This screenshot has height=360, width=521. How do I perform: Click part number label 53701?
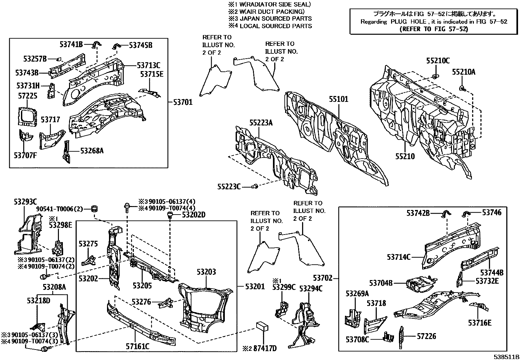tap(183, 103)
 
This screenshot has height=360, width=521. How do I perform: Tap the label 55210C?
tap(438, 61)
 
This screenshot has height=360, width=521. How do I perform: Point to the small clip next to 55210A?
tap(462, 88)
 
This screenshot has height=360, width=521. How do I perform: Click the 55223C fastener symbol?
tap(255, 186)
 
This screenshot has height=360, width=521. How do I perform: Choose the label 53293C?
tap(25, 201)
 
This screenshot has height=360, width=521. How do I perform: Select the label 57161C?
tap(138, 346)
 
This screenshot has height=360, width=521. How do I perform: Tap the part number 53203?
tap(206, 272)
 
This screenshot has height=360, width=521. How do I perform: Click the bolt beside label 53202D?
tap(170, 215)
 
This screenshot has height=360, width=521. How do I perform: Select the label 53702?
tap(323, 278)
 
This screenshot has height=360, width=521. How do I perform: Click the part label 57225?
tap(28, 96)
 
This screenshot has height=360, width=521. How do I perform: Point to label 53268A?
tap(92, 151)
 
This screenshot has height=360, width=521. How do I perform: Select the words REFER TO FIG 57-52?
tap(434, 29)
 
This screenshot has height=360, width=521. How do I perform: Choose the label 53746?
tap(492, 213)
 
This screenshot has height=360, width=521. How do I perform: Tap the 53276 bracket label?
tap(141, 301)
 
